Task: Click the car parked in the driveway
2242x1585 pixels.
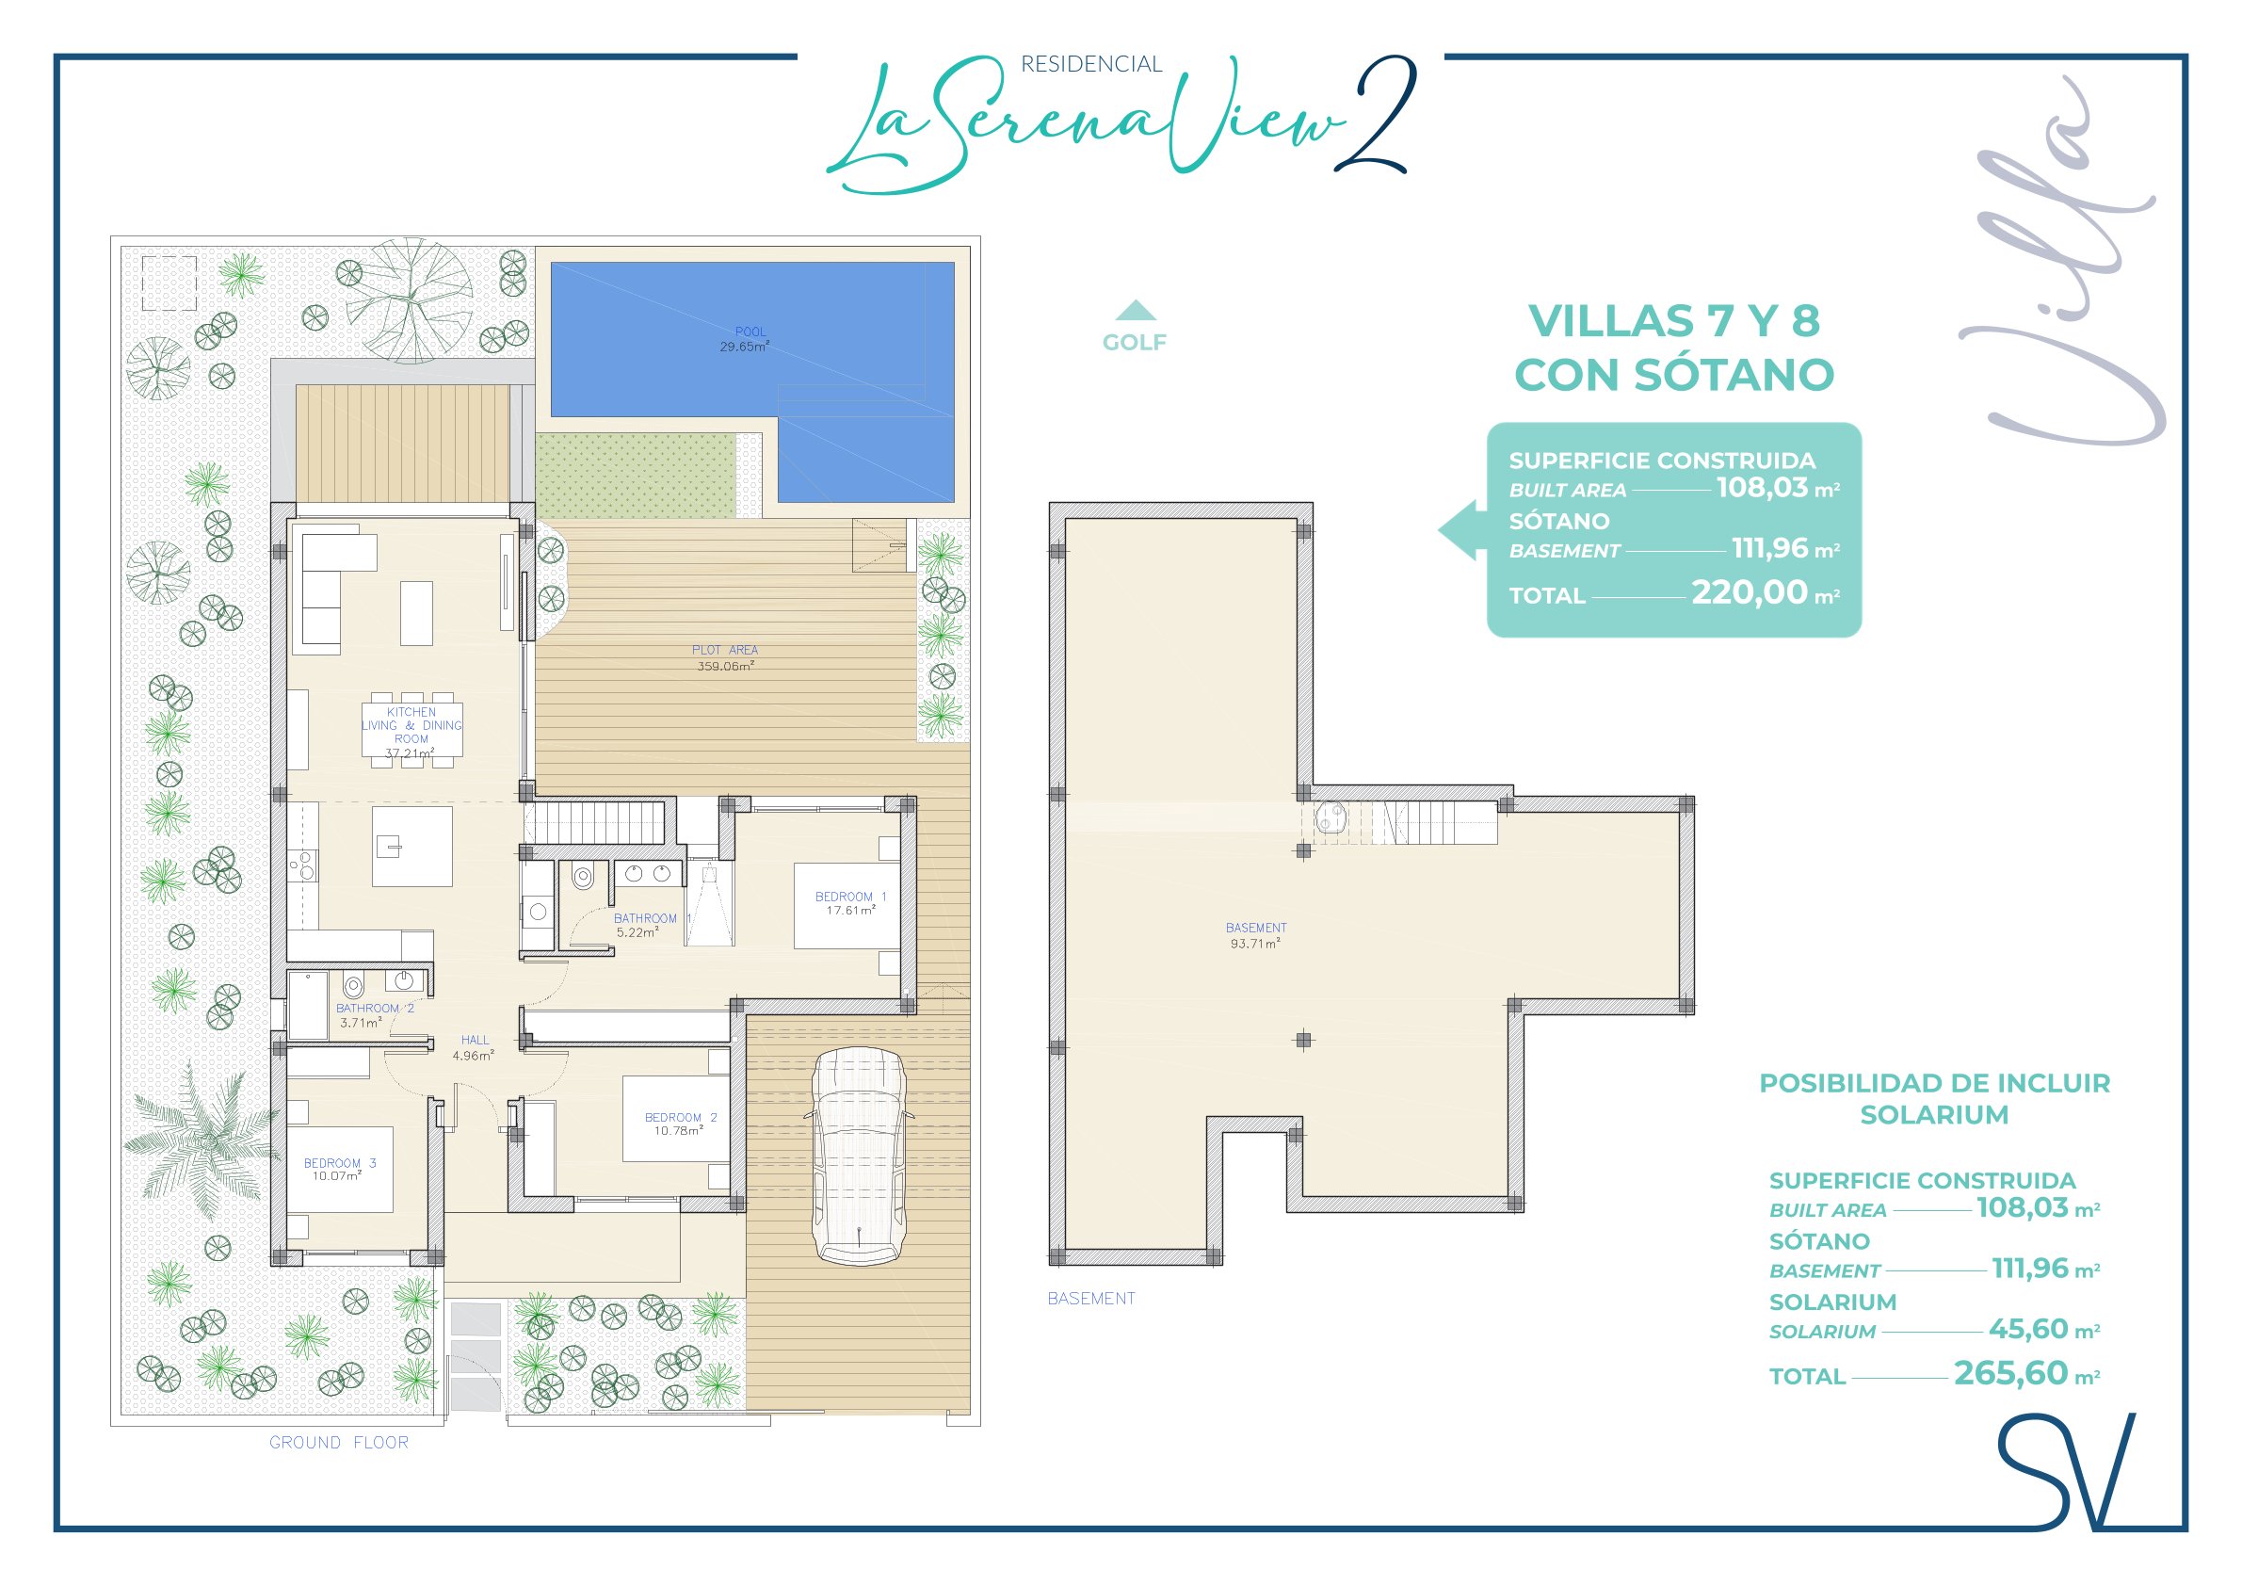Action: pyautogui.click(x=859, y=1156)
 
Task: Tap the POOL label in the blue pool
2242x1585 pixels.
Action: pyautogui.click(x=750, y=332)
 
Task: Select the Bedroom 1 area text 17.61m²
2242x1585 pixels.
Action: pyautogui.click(x=850, y=910)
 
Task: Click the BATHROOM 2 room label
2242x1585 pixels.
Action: pyautogui.click(x=375, y=1008)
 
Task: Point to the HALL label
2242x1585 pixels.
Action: pyautogui.click(x=476, y=1040)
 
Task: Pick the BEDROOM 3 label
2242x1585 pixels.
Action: pyautogui.click(x=340, y=1163)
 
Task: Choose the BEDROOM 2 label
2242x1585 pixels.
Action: pyautogui.click(x=681, y=1117)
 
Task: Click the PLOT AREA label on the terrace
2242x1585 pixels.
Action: pyautogui.click(x=724, y=650)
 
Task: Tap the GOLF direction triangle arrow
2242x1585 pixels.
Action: pyautogui.click(x=1135, y=311)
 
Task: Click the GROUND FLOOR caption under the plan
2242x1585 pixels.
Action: pyautogui.click(x=339, y=1443)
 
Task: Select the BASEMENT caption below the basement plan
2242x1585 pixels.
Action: pyautogui.click(x=1090, y=1298)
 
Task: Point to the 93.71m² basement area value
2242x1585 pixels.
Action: pyautogui.click(x=1255, y=944)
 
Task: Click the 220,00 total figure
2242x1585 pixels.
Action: pyautogui.click(x=1749, y=592)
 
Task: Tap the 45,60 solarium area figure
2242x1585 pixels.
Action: pyautogui.click(x=2028, y=1329)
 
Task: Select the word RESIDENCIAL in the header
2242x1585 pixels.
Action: pyautogui.click(x=1091, y=64)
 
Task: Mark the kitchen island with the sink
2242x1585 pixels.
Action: pyautogui.click(x=412, y=846)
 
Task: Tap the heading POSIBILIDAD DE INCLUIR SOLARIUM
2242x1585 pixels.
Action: pyautogui.click(x=1934, y=1099)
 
